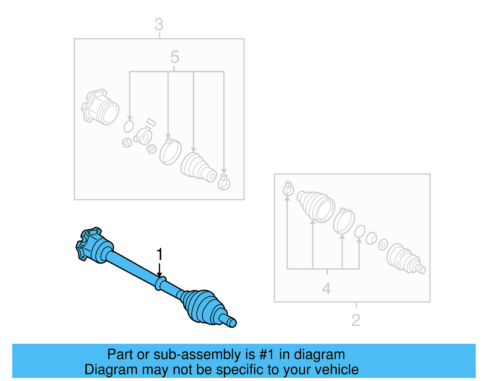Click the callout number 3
(159, 25)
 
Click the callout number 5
(175, 57)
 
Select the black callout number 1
(160, 254)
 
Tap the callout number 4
(326, 289)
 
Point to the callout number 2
(356, 320)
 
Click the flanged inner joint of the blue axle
(91, 246)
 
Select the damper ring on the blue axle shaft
(160, 283)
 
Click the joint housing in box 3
(101, 107)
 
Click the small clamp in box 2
(288, 189)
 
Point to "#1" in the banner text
(267, 355)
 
